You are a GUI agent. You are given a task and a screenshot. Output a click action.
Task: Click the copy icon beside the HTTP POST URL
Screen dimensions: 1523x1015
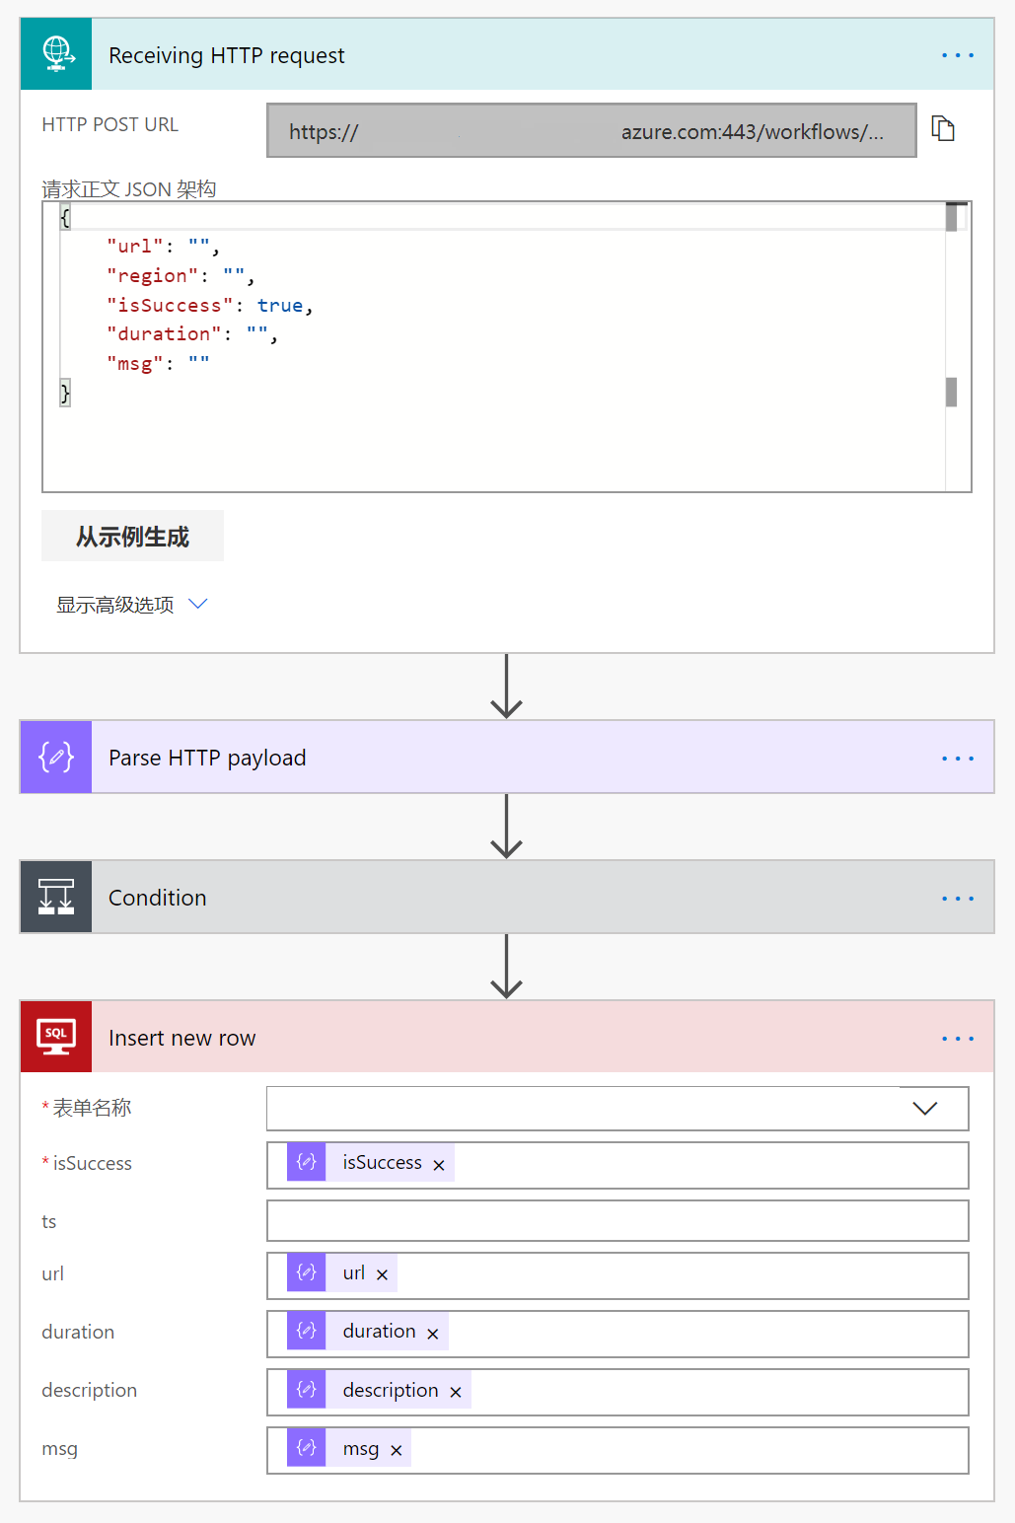[943, 129]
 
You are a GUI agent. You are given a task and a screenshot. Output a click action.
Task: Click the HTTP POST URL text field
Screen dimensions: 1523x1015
[591, 131]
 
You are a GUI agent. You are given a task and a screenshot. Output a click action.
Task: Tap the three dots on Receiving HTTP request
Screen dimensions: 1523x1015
[957, 55]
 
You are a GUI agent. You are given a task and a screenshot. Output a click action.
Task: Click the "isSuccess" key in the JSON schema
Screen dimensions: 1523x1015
[170, 306]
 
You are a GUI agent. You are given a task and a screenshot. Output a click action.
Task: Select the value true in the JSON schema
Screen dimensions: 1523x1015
[280, 306]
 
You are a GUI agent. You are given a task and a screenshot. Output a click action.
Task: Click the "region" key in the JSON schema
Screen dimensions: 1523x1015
[152, 276]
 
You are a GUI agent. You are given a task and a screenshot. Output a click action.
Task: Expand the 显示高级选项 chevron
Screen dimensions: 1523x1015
[198, 604]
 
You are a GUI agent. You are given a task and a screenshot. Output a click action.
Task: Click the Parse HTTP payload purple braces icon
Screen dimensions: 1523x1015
[56, 758]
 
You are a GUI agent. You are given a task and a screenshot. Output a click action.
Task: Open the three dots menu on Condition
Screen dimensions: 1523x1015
[957, 899]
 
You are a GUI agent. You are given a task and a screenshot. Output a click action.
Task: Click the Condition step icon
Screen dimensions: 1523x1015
[56, 898]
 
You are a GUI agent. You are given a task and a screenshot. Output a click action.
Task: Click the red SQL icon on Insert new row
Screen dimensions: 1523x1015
[56, 1037]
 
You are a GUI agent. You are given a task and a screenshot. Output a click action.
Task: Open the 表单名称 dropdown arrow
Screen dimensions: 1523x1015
[924, 1109]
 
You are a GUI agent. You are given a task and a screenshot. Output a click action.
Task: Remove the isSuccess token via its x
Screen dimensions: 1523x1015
[439, 1165]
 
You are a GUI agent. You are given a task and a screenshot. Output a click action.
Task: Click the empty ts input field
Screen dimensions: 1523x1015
[617, 1221]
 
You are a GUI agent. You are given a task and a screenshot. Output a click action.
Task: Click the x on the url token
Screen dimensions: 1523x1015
[382, 1274]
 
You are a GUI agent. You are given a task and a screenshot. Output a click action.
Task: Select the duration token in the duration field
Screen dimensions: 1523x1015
[379, 1332]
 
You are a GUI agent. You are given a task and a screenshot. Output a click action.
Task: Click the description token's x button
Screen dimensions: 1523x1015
[456, 1392]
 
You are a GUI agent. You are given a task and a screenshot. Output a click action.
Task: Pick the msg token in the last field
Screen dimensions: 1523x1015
[360, 1449]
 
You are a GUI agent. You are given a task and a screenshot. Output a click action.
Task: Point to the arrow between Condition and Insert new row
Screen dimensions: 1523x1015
[506, 967]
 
